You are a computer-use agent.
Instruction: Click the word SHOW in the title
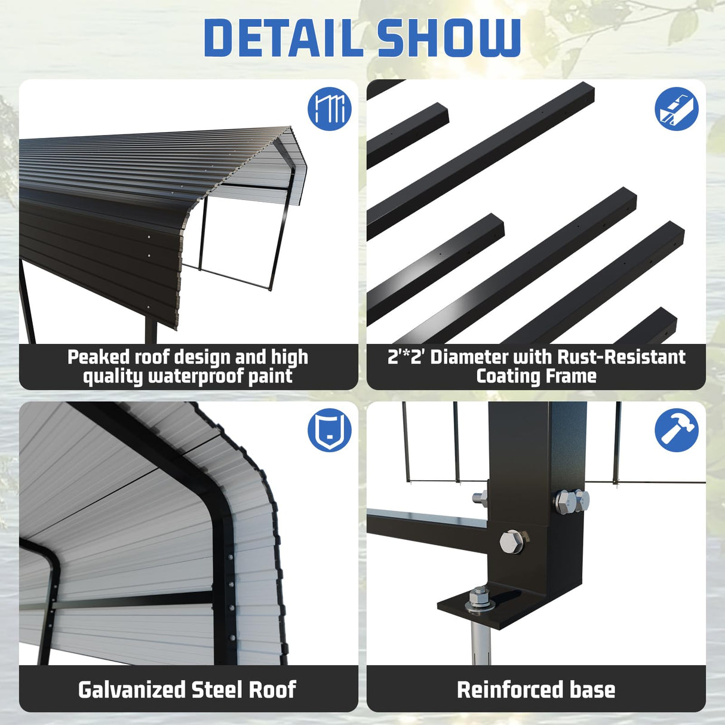click(x=449, y=38)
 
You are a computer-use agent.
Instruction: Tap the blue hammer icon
click(x=676, y=430)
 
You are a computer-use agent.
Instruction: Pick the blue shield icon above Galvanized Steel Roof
click(x=329, y=430)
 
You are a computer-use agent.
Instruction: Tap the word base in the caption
click(x=592, y=690)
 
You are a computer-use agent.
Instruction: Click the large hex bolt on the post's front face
click(x=511, y=541)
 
